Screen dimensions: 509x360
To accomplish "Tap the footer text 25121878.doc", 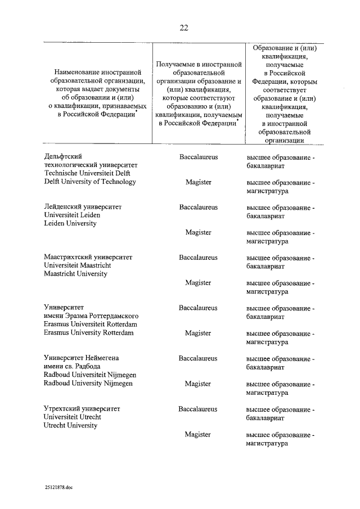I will pyautogui.click(x=60, y=488).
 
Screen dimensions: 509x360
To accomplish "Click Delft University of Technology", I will pyautogui.click(x=90, y=182).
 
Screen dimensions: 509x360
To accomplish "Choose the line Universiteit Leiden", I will pyautogui.click(x=71, y=215).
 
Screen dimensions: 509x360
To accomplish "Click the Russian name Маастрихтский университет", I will pyautogui.click(x=88, y=257).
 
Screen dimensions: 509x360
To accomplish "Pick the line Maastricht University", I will pyautogui.click(x=76, y=274).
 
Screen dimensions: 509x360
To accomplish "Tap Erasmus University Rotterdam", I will pyautogui.click(x=89, y=333).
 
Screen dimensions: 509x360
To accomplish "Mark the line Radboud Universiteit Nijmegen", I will pyautogui.click(x=87, y=375).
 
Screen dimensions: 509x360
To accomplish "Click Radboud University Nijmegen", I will pyautogui.click(x=88, y=384).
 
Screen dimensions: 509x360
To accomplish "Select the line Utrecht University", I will pyautogui.click(x=71, y=425).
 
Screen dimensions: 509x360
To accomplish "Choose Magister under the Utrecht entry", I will pyautogui.click(x=198, y=434).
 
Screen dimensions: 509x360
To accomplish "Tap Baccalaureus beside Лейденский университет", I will pyautogui.click(x=199, y=207).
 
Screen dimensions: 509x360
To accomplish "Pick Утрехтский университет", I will pyautogui.click(x=82, y=408).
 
